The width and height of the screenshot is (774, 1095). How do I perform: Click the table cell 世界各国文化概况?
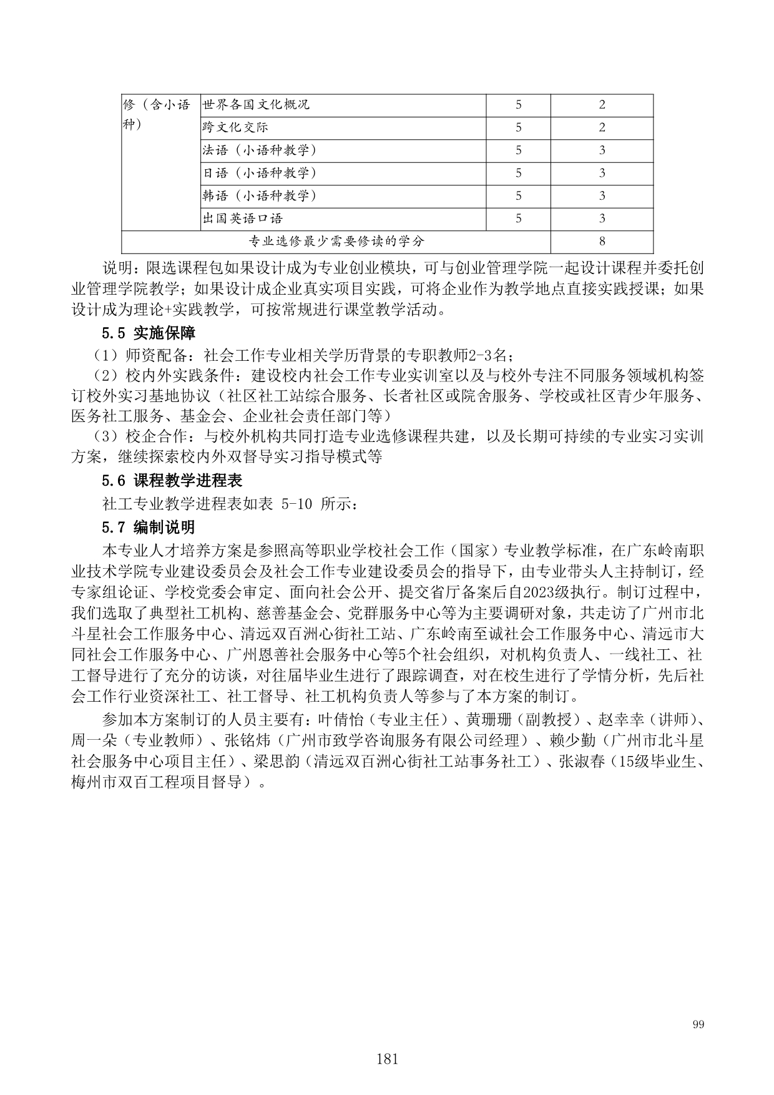tap(256, 105)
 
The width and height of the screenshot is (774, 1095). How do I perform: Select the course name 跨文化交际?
tap(235, 127)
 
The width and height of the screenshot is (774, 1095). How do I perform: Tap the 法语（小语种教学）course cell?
tap(260, 150)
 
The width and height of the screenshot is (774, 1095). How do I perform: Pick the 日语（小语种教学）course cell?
tap(260, 173)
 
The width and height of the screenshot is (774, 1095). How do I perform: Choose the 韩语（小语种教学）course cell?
tap(260, 196)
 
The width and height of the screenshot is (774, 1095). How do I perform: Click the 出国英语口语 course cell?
tap(243, 219)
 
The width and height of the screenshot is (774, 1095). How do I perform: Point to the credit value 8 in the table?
tap(602, 242)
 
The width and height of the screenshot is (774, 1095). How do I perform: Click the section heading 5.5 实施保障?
tap(149, 333)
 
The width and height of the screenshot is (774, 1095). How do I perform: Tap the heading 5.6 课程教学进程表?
tap(172, 481)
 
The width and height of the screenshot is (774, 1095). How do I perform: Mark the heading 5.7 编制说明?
tap(149, 528)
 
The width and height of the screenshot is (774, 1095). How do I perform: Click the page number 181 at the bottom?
tap(387, 1059)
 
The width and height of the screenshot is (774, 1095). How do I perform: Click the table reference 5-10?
tap(296, 504)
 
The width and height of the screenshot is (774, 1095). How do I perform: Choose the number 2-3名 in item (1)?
tap(489, 356)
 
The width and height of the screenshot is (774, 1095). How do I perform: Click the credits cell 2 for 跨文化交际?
tap(602, 127)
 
